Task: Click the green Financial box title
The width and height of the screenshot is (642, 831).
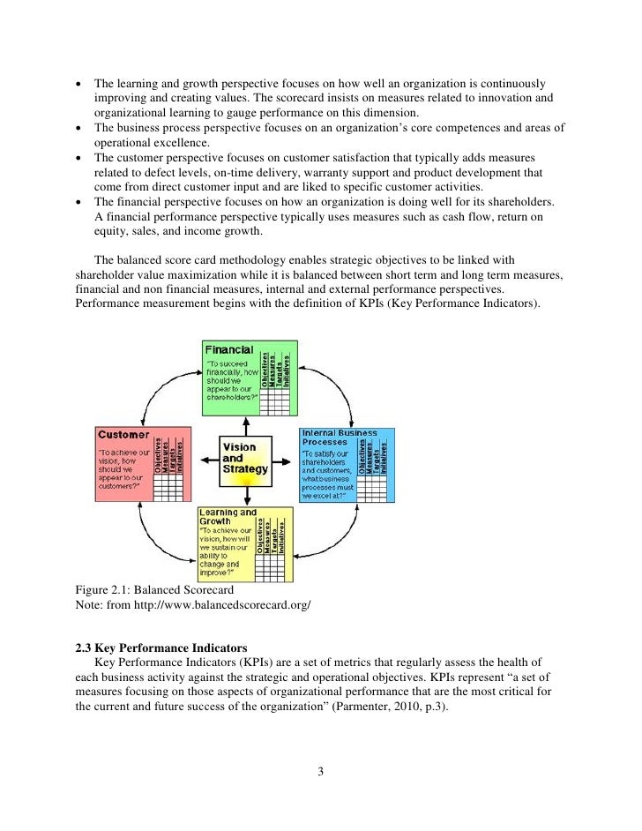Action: pyautogui.click(x=229, y=350)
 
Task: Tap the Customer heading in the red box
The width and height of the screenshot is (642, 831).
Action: pyautogui.click(x=123, y=434)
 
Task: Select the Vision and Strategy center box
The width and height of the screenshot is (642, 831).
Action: pyautogui.click(x=245, y=458)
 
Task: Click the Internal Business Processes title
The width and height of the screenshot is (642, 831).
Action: pyautogui.click(x=339, y=438)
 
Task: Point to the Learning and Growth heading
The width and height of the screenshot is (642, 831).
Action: pyautogui.click(x=228, y=517)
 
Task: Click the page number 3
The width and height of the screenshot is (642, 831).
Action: pyautogui.click(x=321, y=774)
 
